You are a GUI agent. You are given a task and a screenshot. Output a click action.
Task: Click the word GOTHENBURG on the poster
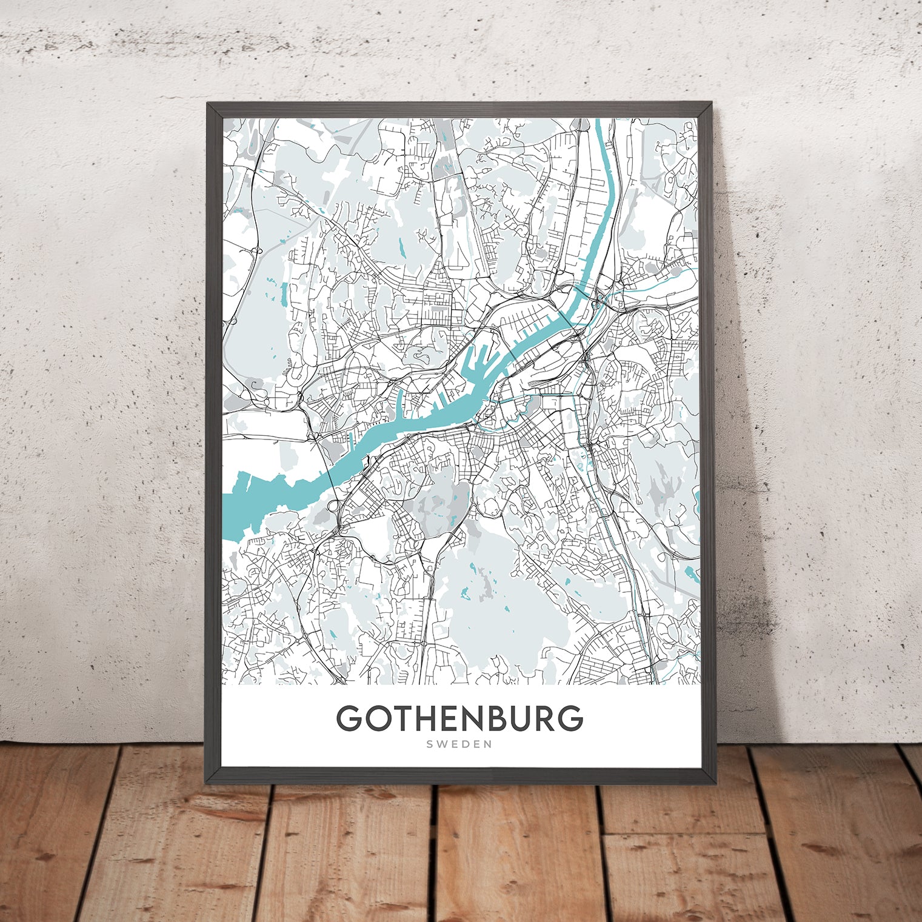click(x=459, y=718)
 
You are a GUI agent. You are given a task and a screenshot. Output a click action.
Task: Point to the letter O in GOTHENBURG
click(x=376, y=718)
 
